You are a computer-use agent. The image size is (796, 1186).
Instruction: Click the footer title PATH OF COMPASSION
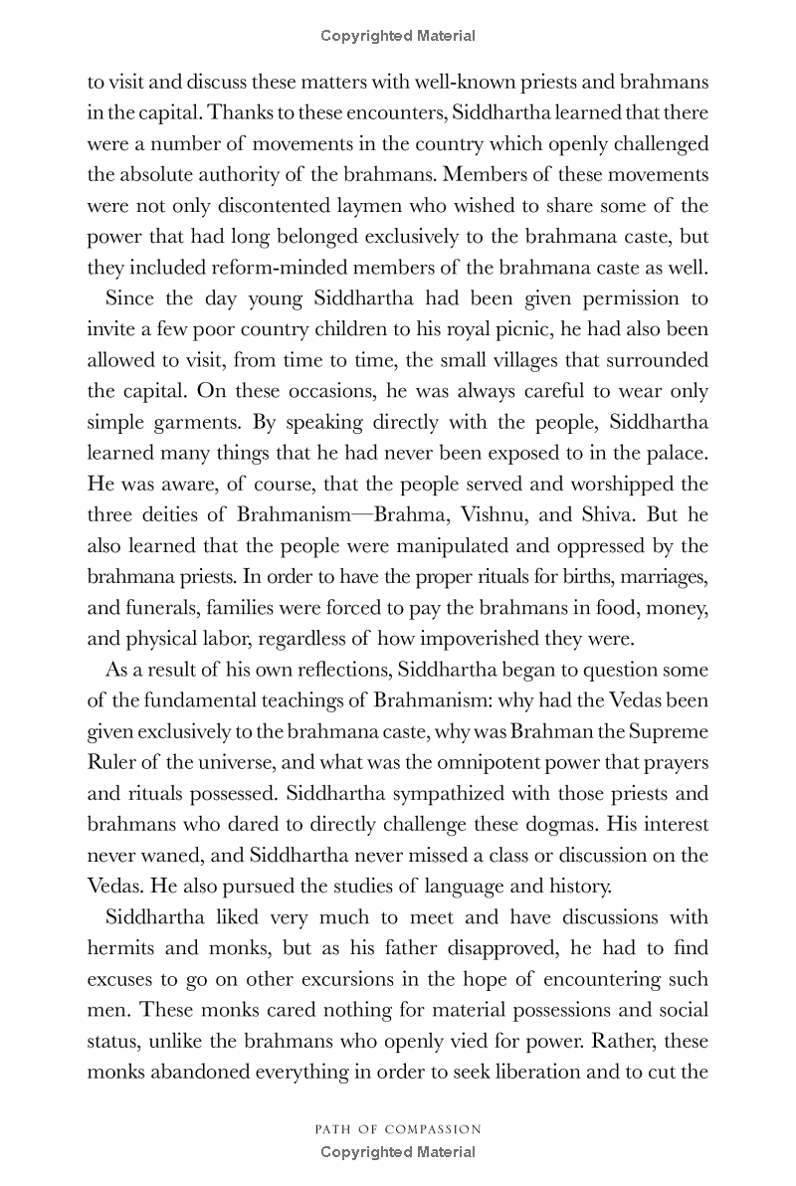point(398,1129)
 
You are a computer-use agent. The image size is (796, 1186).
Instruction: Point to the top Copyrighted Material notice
point(398,36)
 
